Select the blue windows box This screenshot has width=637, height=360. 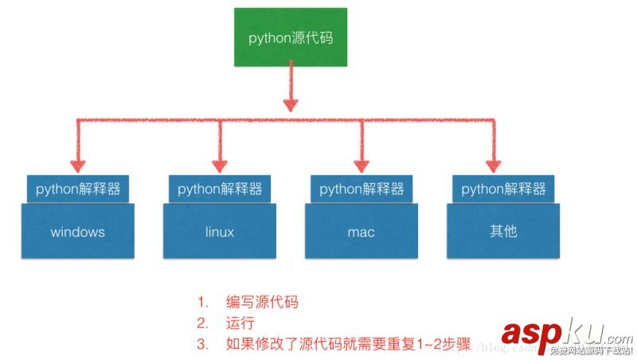point(78,232)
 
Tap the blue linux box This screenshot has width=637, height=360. point(219,232)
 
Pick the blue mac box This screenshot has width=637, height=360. point(361,232)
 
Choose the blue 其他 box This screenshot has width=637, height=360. point(503,232)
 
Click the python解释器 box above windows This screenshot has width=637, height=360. point(78,189)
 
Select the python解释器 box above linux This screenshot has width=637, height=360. point(220,189)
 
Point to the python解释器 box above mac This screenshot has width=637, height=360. point(361,189)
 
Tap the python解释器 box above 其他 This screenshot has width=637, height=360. point(503,189)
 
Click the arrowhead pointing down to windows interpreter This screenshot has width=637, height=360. point(78,166)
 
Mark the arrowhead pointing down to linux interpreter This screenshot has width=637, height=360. point(219,166)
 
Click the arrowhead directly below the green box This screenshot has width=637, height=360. point(291,105)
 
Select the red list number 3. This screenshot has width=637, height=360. point(203,345)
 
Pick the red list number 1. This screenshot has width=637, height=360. point(203,303)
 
